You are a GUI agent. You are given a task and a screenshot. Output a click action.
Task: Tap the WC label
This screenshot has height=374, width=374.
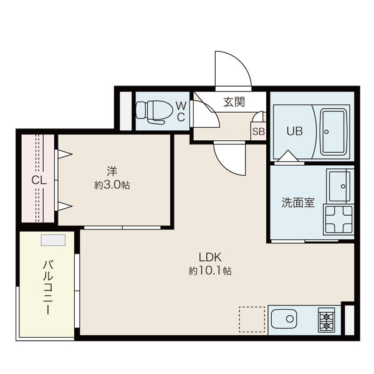(180, 111)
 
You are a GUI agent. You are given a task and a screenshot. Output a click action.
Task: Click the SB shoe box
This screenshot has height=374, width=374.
(258, 131)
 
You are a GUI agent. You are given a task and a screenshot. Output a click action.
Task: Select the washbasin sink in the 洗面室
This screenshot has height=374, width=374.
(340, 184)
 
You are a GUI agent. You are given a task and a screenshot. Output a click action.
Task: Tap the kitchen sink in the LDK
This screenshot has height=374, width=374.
(288, 320)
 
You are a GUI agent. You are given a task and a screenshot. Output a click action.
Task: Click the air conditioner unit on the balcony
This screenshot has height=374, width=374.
(53, 241)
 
